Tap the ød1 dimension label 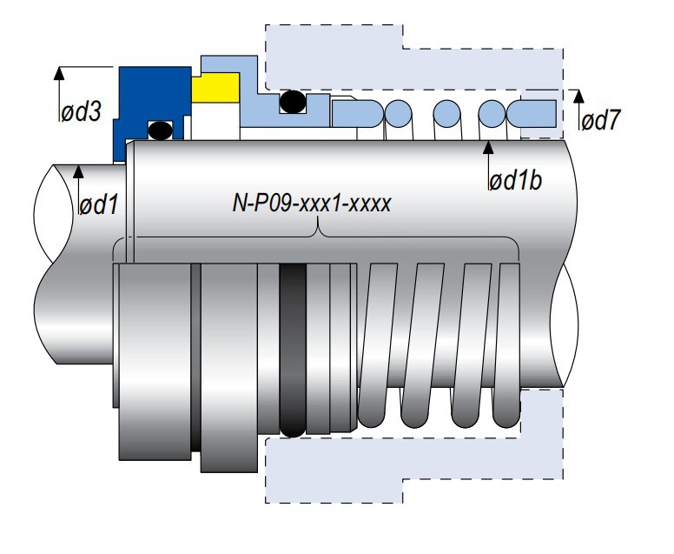pyautogui.click(x=97, y=205)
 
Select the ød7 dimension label pyautogui.click(x=600, y=120)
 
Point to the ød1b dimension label pyautogui.click(x=518, y=182)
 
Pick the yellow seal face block pyautogui.click(x=215, y=87)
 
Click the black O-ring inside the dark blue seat pyautogui.click(x=160, y=130)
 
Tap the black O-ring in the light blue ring pyautogui.click(x=292, y=103)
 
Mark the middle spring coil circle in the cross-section pyautogui.click(x=446, y=111)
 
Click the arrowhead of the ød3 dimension pyautogui.click(x=59, y=70)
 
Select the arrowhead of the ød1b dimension pyautogui.click(x=489, y=146)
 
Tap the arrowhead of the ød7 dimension pyautogui.click(x=574, y=92)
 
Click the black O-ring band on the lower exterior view pyautogui.click(x=293, y=348)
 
